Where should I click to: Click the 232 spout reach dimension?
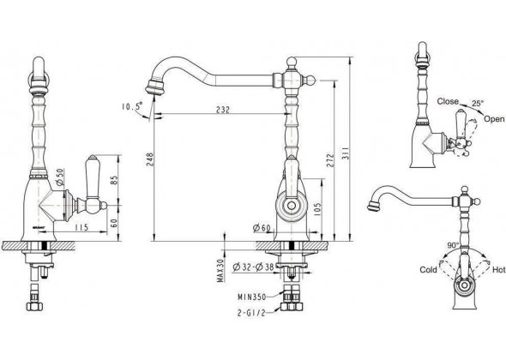point(223,110)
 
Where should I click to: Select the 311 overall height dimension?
point(345,154)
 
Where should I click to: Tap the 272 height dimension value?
point(330,159)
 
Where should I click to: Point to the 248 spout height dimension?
point(150,159)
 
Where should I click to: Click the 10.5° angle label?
point(132,106)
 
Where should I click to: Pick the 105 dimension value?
point(317,210)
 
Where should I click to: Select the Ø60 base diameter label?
point(262,228)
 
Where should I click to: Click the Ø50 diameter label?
point(60,177)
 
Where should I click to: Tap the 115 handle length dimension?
point(81,227)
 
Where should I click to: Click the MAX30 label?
point(220,271)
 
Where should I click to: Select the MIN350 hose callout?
point(252,297)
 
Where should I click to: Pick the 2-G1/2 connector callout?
point(251,313)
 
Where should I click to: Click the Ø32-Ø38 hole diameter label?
point(253,267)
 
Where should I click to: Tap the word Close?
point(448,101)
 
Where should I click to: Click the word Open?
point(494,118)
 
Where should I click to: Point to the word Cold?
point(428,270)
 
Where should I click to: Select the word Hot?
point(498,270)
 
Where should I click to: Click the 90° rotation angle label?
point(453,245)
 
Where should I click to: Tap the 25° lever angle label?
point(478,104)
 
